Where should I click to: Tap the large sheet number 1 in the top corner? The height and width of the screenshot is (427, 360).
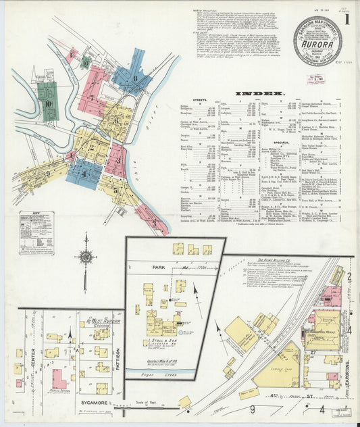pyautogui.click(x=346, y=20)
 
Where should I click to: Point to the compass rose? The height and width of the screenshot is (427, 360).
pyautogui.click(x=85, y=256)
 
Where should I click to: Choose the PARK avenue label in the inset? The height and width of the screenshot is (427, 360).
pyautogui.click(x=159, y=268)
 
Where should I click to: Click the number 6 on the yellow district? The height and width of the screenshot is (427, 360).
pyautogui.click(x=116, y=122)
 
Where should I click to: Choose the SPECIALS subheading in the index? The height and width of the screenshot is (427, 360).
pyautogui.click(x=283, y=143)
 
